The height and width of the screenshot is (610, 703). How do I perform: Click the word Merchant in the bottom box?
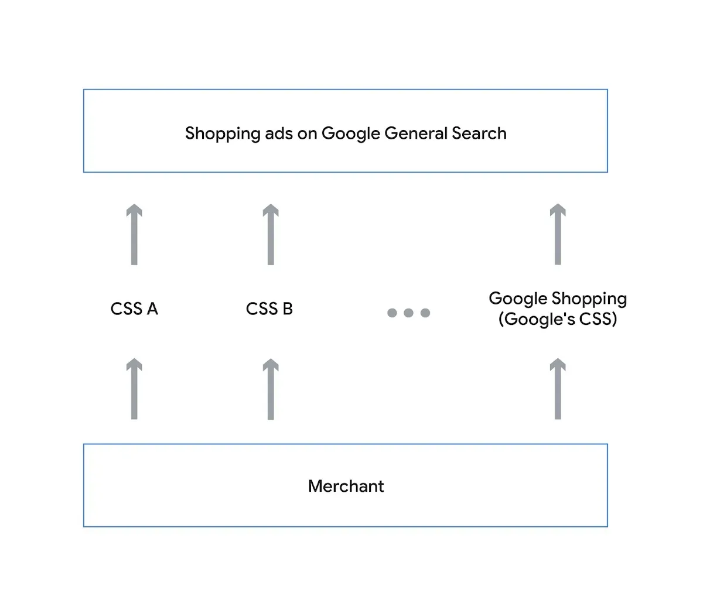[x=346, y=486]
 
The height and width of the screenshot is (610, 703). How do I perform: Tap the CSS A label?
[x=134, y=309]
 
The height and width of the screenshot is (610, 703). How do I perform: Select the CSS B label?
[x=269, y=309]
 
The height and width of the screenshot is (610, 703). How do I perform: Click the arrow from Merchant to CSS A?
[x=134, y=389]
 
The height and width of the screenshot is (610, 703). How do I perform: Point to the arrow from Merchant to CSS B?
[x=270, y=389]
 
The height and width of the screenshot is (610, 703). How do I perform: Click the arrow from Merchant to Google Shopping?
[x=558, y=389]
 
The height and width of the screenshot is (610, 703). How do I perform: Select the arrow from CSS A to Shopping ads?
[x=134, y=235]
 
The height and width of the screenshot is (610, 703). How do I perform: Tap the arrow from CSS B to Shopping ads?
[x=270, y=235]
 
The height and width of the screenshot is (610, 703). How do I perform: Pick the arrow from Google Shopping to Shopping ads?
[x=558, y=235]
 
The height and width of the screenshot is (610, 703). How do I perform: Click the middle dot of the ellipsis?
[x=409, y=313]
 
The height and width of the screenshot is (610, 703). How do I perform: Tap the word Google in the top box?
[x=351, y=134]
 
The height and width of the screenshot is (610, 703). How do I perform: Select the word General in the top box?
[x=416, y=133]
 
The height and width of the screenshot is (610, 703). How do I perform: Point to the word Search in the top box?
[x=479, y=133]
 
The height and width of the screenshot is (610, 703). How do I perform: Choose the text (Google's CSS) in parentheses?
[x=558, y=319]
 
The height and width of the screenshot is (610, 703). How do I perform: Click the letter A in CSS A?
[x=152, y=309]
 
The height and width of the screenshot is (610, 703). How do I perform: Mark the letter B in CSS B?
[x=287, y=309]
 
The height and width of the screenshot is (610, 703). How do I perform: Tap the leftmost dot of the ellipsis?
[x=393, y=313]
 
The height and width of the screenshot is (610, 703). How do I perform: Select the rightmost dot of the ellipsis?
[x=425, y=313]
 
